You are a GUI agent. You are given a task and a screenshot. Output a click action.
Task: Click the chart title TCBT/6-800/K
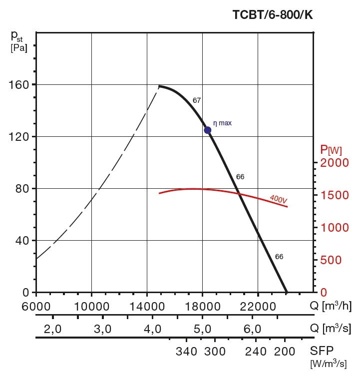(x=273, y=15)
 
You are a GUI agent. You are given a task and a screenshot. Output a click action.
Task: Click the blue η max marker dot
(x=207, y=130)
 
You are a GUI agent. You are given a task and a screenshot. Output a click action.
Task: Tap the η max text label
(x=223, y=122)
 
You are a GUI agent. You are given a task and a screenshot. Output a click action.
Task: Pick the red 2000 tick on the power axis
(x=332, y=163)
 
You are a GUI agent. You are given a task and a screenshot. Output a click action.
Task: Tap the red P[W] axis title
(x=331, y=149)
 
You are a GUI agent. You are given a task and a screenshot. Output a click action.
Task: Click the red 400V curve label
(x=279, y=199)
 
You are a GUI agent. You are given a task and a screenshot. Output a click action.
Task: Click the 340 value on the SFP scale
(x=187, y=351)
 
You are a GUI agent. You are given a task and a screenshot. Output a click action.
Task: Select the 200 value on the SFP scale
(x=285, y=351)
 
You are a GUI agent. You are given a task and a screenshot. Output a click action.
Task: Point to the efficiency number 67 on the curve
(x=197, y=100)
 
